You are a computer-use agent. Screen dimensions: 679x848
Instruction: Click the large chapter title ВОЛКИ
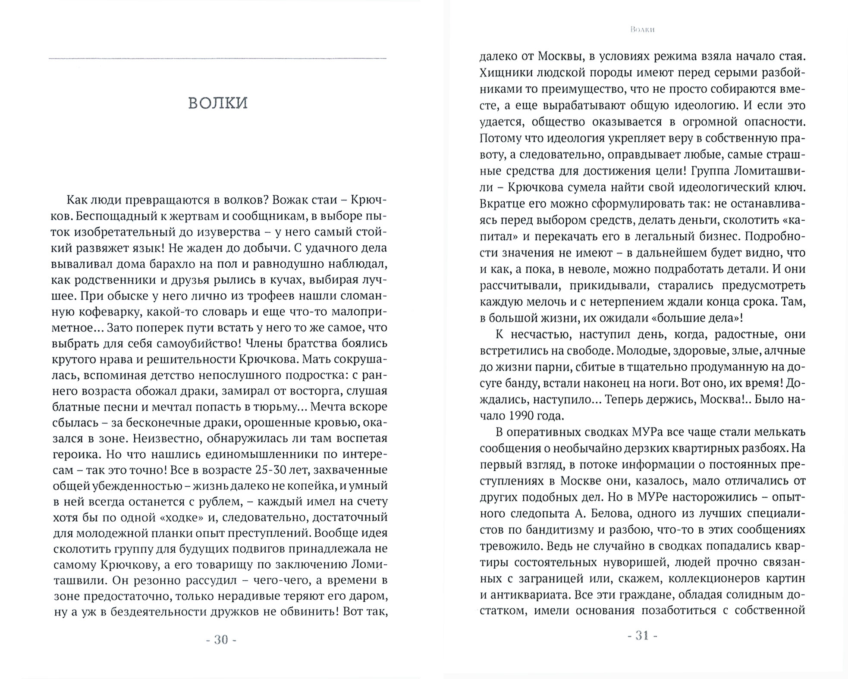tap(218, 103)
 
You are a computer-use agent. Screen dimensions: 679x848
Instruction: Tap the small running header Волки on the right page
tap(642, 30)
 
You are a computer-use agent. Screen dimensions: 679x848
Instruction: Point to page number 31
tap(642, 636)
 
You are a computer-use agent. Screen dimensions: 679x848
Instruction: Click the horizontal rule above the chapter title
tap(218, 58)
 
